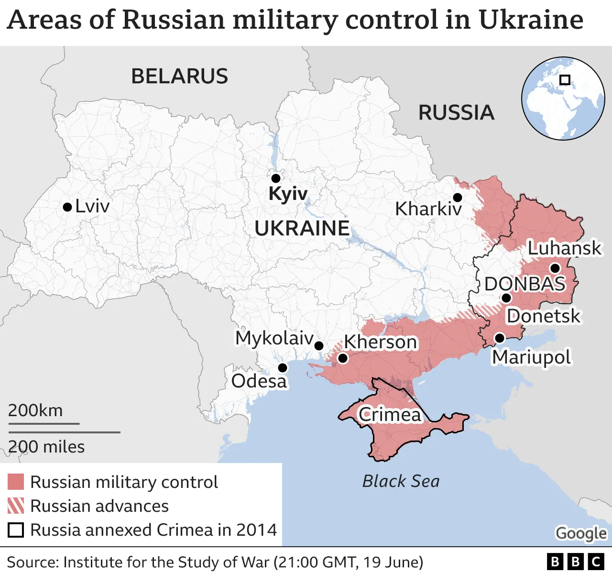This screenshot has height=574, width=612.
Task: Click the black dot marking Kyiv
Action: coord(275,178)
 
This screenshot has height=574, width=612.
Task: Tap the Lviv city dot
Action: coord(67,207)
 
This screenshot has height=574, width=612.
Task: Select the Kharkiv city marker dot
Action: coord(457,198)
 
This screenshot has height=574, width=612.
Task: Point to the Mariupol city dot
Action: coord(499,338)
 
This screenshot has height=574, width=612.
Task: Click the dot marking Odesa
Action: coord(283,368)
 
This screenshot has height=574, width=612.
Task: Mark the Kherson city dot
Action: coord(342,358)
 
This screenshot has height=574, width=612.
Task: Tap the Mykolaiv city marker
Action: coord(319,346)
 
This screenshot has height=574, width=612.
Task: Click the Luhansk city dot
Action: coord(555,268)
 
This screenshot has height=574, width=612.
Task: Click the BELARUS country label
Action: coord(179,77)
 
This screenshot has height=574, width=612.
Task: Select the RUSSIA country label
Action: coord(456,113)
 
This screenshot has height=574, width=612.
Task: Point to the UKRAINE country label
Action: coord(302,229)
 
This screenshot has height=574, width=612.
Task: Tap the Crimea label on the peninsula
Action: coord(390,415)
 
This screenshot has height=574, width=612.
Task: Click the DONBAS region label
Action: coord(525,284)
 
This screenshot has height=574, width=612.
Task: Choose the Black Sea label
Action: coord(401,481)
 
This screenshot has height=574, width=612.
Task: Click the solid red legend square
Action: coord(16,482)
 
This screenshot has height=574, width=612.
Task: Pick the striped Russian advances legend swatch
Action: coord(16,506)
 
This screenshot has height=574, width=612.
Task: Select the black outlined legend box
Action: coord(16,530)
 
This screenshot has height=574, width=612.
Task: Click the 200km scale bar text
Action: coord(35,410)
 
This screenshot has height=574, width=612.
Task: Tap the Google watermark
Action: coord(581,533)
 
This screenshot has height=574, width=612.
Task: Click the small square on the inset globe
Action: coord(565,80)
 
